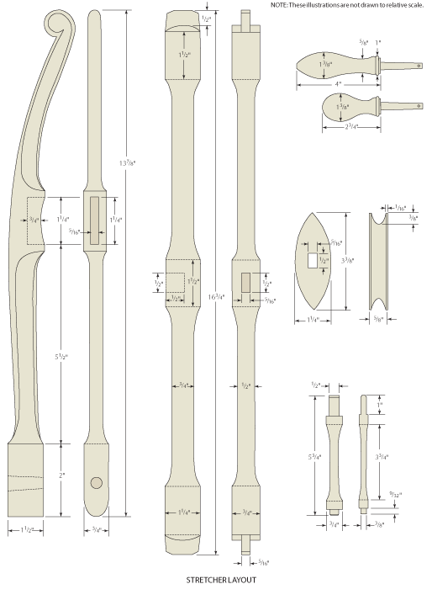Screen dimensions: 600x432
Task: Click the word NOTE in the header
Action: pos(281,5)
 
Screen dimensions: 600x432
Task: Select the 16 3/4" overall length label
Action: pos(217,296)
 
